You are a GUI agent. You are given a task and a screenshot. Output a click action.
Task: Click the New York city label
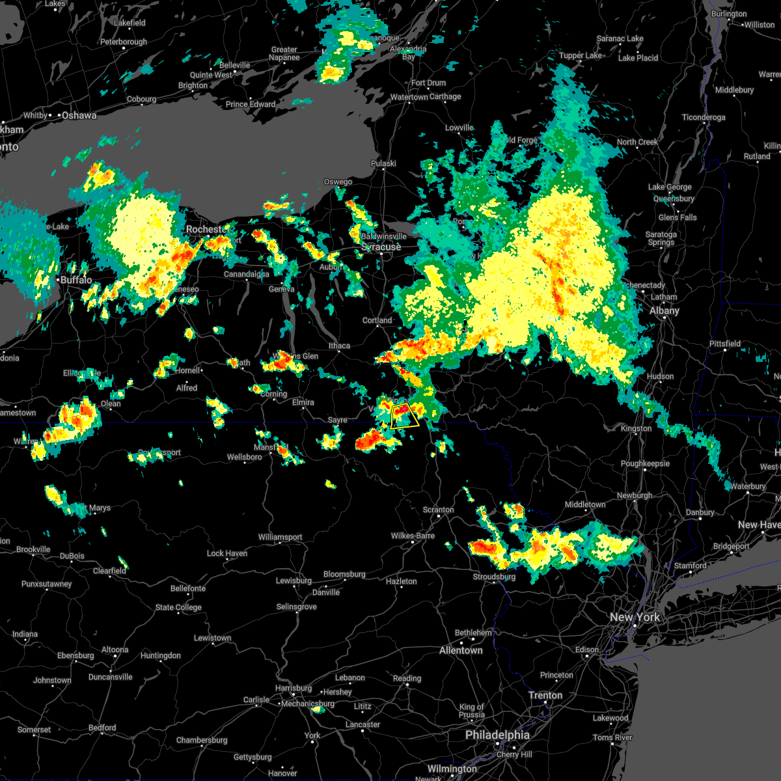(x=635, y=617)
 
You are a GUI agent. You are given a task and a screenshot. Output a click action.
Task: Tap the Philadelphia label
(x=497, y=735)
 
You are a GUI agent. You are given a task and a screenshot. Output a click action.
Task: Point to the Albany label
(x=664, y=310)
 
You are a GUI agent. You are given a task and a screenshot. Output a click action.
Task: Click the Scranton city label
(x=438, y=510)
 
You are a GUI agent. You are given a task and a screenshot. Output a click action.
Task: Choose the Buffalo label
(x=76, y=280)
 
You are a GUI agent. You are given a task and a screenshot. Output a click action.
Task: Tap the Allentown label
(x=461, y=650)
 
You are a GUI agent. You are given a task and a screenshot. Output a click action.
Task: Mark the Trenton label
(x=545, y=695)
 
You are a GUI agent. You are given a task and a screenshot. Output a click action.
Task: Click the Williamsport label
(x=280, y=537)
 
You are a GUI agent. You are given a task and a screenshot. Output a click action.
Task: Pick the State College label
(x=178, y=607)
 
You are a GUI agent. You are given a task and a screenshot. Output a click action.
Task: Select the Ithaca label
(x=339, y=346)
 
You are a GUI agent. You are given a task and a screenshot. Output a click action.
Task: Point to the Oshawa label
(x=79, y=115)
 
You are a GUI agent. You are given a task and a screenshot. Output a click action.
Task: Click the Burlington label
(x=729, y=14)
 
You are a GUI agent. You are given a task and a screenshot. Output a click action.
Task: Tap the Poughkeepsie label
(x=645, y=463)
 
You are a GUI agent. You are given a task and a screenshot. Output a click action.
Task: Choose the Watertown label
(x=409, y=97)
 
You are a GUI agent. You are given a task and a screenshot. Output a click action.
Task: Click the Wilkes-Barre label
(x=413, y=536)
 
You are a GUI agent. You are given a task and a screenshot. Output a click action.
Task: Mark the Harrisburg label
(x=294, y=688)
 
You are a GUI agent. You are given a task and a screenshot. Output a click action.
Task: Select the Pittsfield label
(x=724, y=344)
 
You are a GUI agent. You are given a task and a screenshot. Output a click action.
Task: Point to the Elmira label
(x=303, y=402)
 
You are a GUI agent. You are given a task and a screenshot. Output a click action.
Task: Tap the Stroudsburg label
(x=494, y=577)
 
